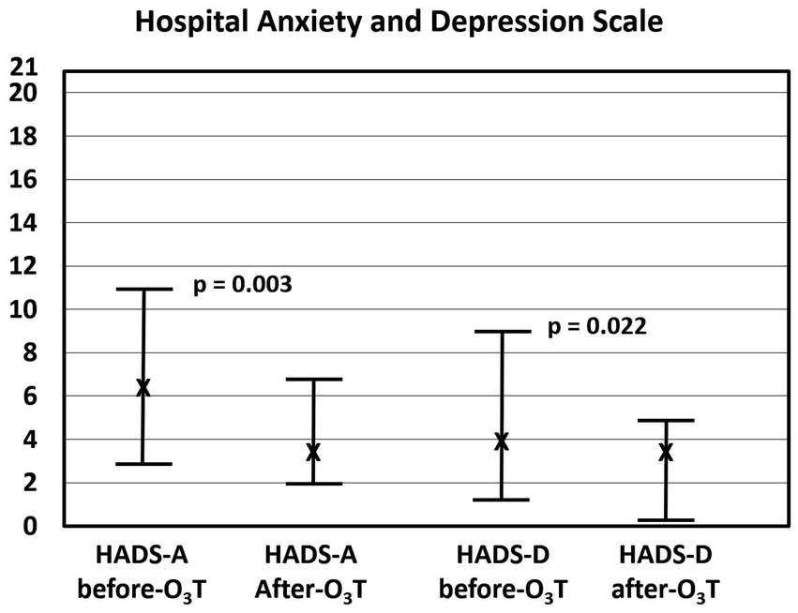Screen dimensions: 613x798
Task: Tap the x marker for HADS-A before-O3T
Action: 143,388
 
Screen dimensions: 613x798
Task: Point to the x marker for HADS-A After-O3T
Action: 313,452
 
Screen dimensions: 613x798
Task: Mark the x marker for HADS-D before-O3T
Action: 502,441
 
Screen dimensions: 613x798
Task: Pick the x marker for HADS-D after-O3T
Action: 666,452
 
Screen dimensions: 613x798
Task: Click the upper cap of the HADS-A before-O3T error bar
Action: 143,290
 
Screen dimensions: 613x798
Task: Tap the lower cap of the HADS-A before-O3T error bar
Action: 143,464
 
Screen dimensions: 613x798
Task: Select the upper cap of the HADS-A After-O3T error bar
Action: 313,380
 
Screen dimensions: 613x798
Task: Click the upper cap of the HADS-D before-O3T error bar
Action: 502,332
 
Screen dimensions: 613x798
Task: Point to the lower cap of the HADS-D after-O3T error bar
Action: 666,520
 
